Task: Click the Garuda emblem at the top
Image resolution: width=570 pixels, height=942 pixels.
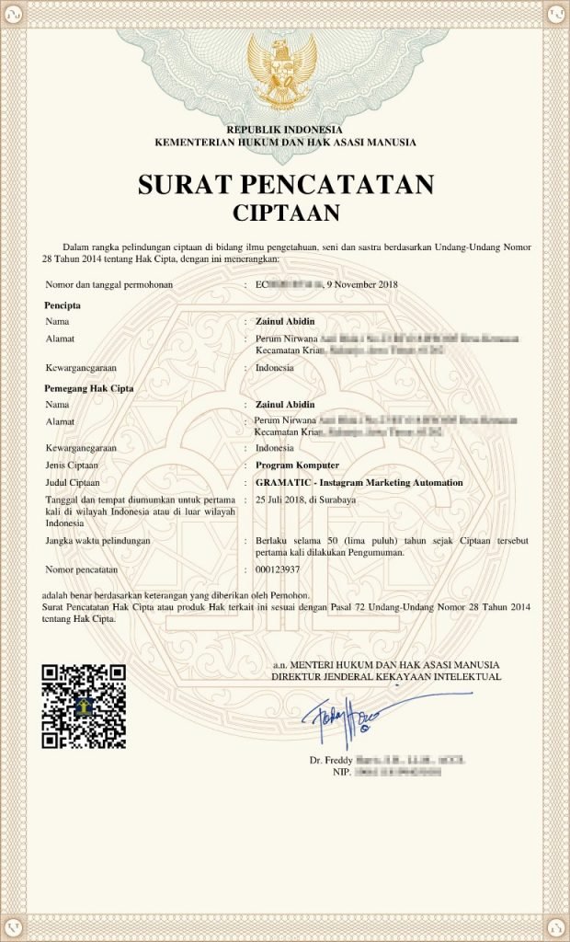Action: [x=283, y=68]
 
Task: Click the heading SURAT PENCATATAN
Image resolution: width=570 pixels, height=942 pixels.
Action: [x=285, y=185]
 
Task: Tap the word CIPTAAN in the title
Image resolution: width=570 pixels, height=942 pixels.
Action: [x=285, y=213]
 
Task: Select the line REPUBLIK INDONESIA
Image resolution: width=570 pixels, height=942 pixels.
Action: [x=285, y=130]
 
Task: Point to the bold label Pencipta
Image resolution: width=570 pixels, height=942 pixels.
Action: [x=63, y=304]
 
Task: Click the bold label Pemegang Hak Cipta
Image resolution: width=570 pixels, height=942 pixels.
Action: [x=89, y=388]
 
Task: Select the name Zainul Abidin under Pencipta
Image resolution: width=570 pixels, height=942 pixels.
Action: [x=285, y=321]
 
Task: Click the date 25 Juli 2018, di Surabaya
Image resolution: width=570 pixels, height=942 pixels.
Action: [x=304, y=500]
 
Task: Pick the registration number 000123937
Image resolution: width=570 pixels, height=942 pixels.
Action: [x=278, y=569]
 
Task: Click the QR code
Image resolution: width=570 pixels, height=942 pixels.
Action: [x=84, y=706]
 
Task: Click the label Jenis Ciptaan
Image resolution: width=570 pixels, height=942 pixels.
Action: [x=72, y=465]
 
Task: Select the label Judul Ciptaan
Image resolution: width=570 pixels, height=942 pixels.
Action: [x=72, y=482]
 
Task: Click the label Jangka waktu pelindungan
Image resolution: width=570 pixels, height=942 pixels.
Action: [x=97, y=540]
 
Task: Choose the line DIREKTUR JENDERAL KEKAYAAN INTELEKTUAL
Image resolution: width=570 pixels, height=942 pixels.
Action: [x=386, y=676]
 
